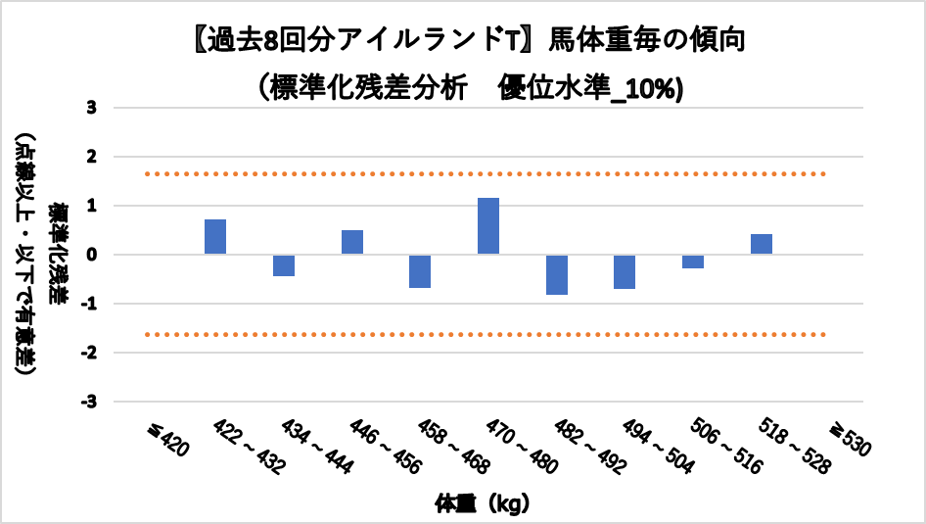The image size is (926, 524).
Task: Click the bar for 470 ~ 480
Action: [488, 226]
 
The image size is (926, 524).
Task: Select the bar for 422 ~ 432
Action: [215, 237]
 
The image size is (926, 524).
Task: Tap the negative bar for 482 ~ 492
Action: [557, 274]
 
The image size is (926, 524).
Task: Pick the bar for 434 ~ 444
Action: [284, 265]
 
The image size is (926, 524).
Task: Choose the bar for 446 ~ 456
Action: [352, 242]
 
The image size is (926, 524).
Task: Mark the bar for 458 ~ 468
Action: [420, 271]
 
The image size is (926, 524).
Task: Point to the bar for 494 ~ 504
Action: [625, 271]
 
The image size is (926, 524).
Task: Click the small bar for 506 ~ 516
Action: [693, 262]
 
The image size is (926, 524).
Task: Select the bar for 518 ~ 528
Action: [762, 244]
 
